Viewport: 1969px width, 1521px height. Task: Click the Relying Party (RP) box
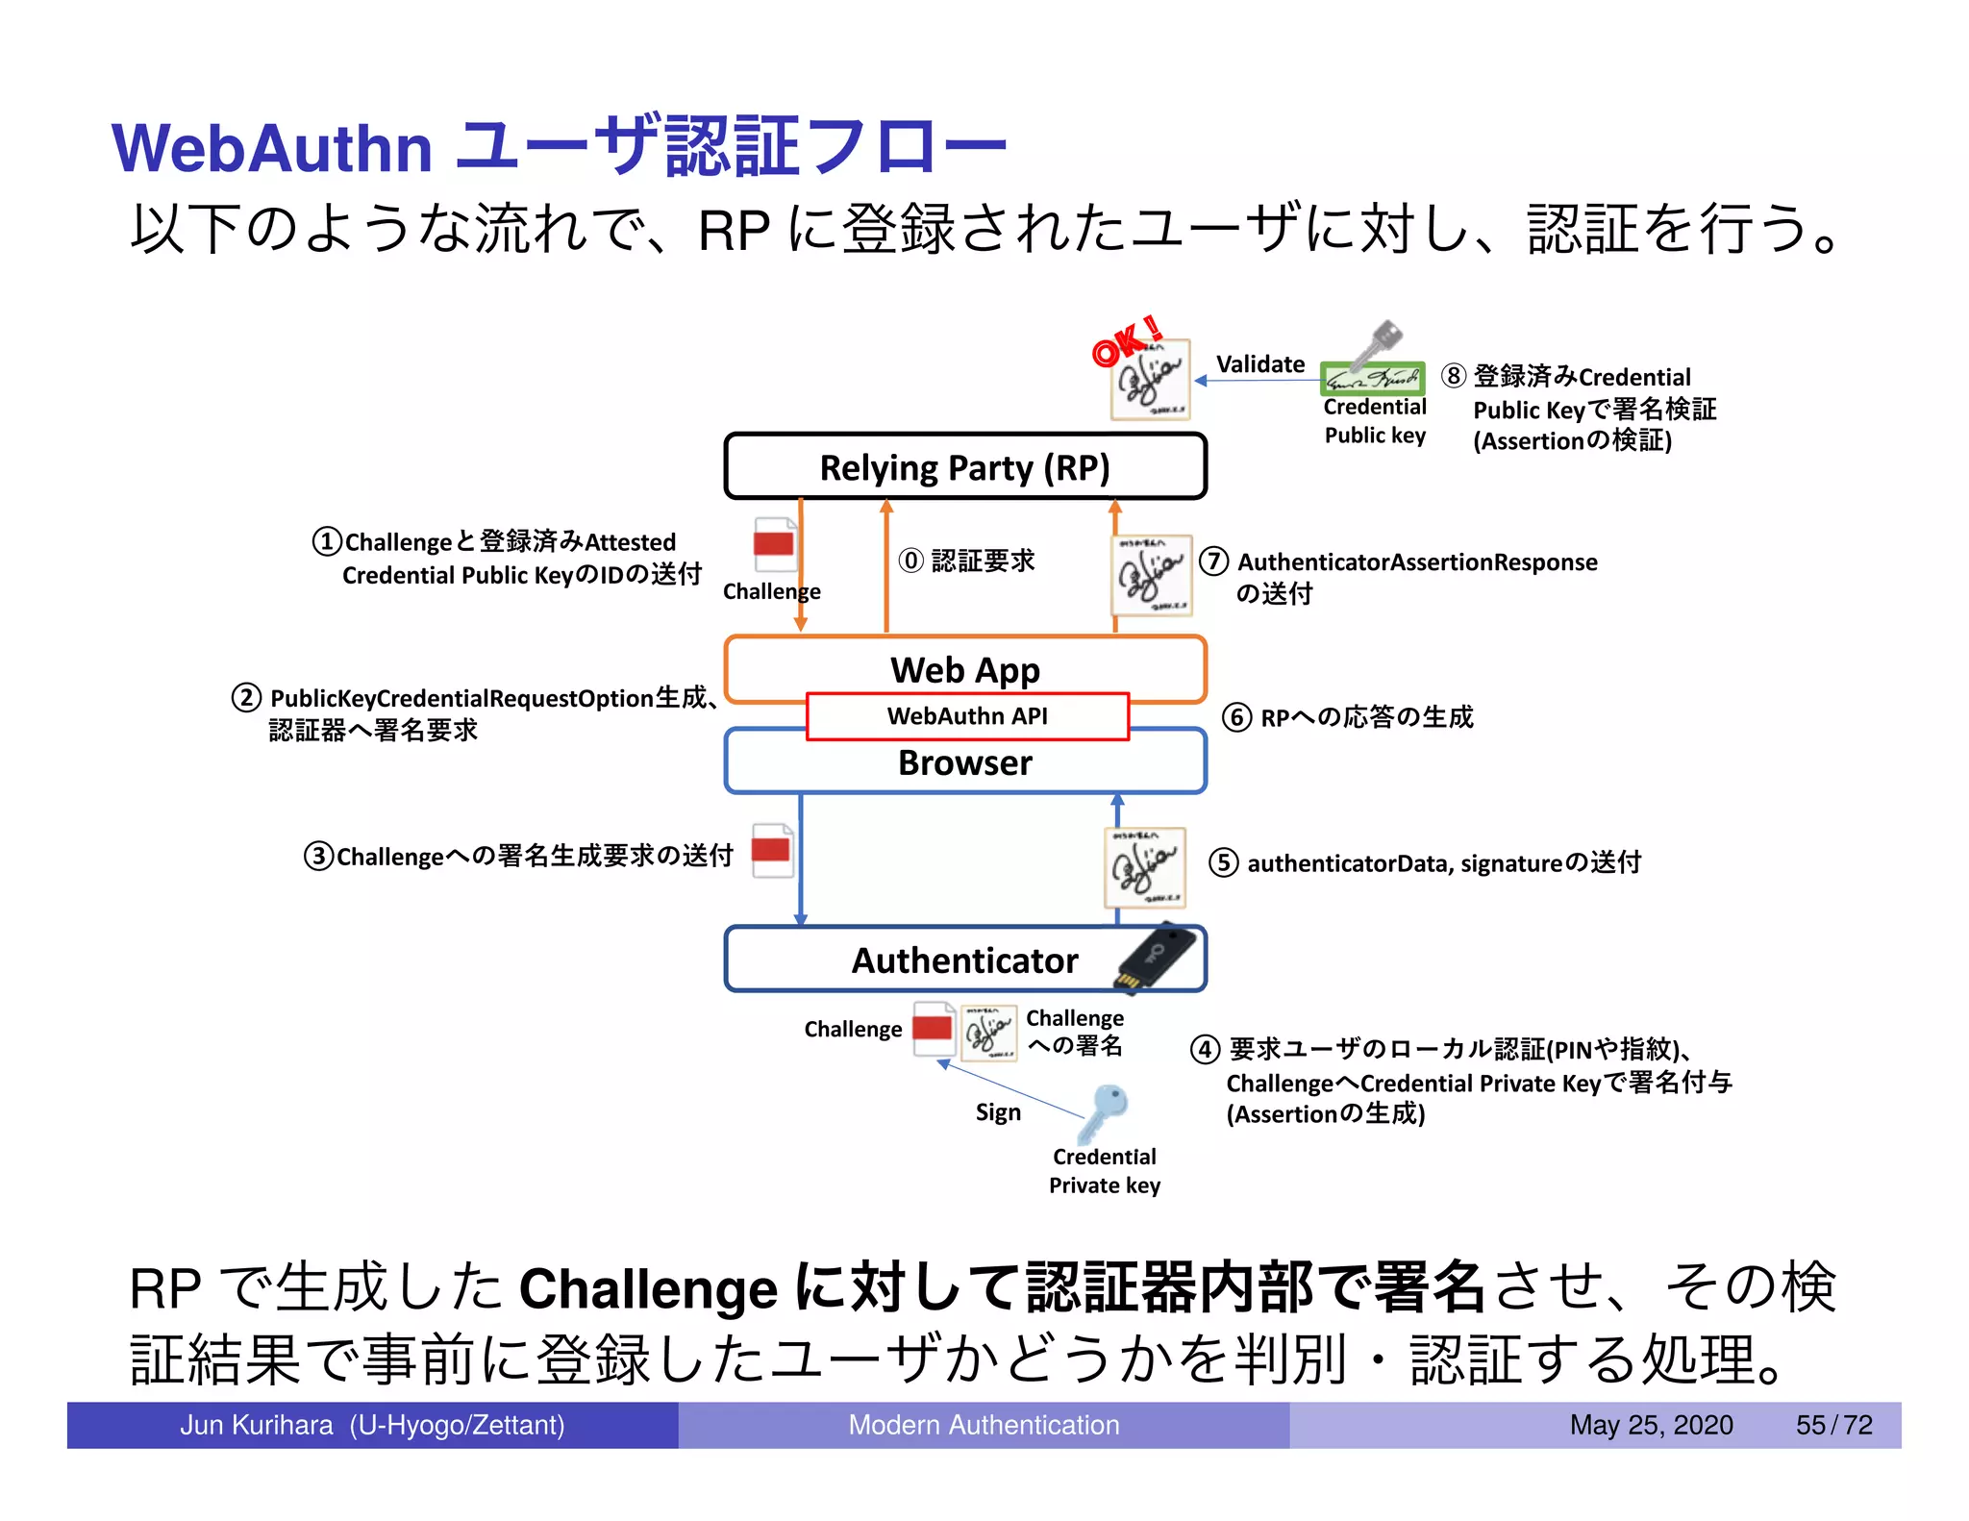pyautogui.click(x=964, y=467)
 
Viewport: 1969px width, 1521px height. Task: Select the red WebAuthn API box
pyautogui.click(x=967, y=716)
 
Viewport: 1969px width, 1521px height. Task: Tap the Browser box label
pyautogui.click(x=964, y=762)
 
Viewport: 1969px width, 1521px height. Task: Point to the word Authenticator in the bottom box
pyautogui.click(x=964, y=960)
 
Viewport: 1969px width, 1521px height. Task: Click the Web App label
pyautogui.click(x=964, y=669)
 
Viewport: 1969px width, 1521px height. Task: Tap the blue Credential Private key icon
pyautogui.click(x=1104, y=1113)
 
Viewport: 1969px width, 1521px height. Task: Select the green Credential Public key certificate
pyautogui.click(x=1372, y=378)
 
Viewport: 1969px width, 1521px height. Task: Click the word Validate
pyautogui.click(x=1259, y=364)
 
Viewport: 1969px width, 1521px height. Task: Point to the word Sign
pyautogui.click(x=998, y=1112)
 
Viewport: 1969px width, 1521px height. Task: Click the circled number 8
pyautogui.click(x=1454, y=376)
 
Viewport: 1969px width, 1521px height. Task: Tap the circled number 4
pyautogui.click(x=1206, y=1049)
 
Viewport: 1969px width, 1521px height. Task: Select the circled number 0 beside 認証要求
pyautogui.click(x=910, y=561)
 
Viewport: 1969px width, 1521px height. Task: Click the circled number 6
pyautogui.click(x=1236, y=717)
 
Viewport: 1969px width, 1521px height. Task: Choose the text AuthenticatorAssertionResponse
pyautogui.click(x=1417, y=562)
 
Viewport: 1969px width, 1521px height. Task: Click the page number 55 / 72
pyautogui.click(x=1833, y=1425)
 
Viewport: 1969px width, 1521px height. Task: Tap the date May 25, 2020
pyautogui.click(x=1651, y=1425)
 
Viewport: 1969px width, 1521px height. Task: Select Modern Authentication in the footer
pyautogui.click(x=984, y=1425)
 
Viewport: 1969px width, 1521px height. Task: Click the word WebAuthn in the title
pyautogui.click(x=272, y=149)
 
